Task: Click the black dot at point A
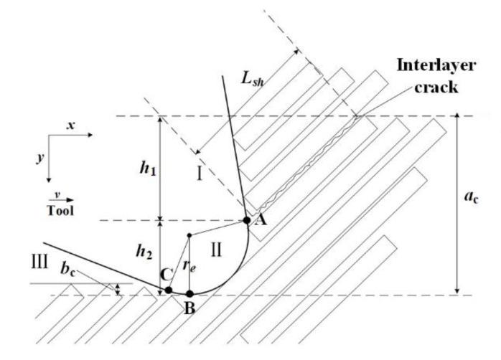[x=246, y=220]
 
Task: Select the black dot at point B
[x=189, y=293]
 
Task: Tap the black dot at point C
[x=169, y=290]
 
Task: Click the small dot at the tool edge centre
[x=188, y=235]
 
